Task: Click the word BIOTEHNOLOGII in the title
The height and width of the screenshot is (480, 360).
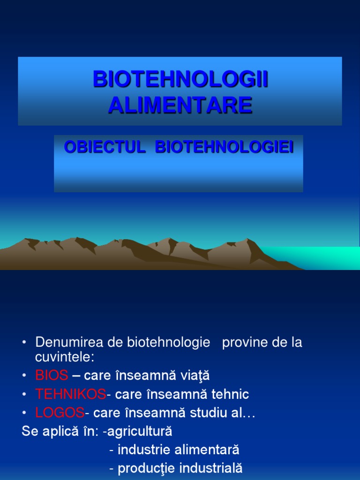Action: [180, 79]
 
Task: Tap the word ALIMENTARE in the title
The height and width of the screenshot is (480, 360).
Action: [180, 105]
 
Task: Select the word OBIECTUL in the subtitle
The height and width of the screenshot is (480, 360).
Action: [105, 147]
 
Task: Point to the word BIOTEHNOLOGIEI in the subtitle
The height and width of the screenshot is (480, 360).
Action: [225, 147]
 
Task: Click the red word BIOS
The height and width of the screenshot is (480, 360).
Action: [52, 375]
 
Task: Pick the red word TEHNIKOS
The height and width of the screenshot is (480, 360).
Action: [71, 394]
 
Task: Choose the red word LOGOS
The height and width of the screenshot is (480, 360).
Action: [60, 412]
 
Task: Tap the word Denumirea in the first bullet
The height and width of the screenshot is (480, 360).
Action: [69, 342]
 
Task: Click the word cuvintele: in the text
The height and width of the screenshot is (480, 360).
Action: [65, 357]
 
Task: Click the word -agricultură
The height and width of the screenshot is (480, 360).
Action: [138, 431]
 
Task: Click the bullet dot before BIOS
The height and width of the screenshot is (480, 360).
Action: [24, 375]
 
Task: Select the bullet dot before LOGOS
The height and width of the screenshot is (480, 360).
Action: [24, 412]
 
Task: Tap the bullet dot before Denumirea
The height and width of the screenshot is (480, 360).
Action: [24, 342]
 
